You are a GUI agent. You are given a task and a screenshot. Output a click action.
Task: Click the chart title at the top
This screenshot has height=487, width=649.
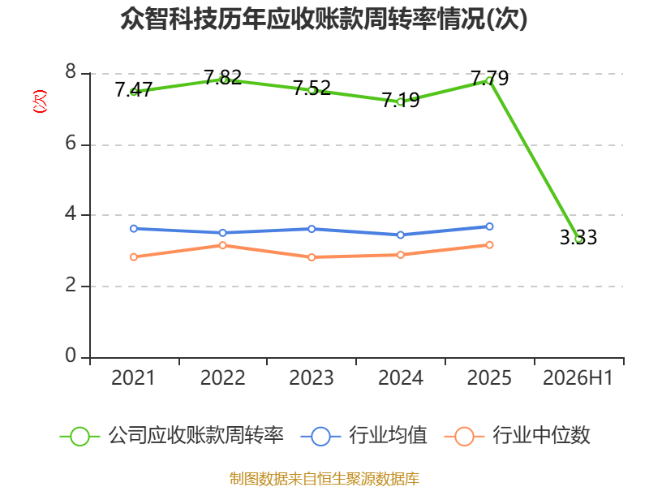(x=324, y=19)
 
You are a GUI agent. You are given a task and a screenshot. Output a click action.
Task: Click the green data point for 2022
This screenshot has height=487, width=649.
(x=222, y=80)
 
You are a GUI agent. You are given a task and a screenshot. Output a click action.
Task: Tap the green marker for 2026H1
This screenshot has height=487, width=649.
(x=578, y=239)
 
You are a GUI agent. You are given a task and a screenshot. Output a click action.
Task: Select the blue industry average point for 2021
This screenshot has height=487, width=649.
(x=134, y=229)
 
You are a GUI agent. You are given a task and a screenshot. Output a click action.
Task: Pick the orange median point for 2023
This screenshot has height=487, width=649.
(x=312, y=257)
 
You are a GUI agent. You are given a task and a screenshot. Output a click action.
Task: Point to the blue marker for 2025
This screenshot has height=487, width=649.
(x=490, y=226)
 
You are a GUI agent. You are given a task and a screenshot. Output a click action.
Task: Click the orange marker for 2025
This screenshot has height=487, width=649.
(x=490, y=245)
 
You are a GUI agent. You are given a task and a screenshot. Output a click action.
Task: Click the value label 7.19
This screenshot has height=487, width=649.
(x=401, y=100)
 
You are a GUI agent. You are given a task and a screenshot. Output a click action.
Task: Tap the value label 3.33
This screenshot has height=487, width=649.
(x=578, y=237)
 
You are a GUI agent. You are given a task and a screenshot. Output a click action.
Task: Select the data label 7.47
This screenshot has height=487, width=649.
(x=134, y=89)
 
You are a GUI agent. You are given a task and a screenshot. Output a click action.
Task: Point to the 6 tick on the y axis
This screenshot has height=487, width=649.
(x=71, y=144)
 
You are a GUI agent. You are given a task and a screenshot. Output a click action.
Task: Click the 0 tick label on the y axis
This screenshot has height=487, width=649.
(x=71, y=356)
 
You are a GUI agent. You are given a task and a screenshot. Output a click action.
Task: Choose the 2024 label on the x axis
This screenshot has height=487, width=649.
(x=401, y=377)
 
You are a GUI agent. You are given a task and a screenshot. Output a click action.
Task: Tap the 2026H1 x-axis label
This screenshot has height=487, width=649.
(x=578, y=377)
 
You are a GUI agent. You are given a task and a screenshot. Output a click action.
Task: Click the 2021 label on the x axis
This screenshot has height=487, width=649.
(x=133, y=377)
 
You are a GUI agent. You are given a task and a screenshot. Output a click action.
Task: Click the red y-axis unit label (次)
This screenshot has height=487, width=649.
(x=40, y=101)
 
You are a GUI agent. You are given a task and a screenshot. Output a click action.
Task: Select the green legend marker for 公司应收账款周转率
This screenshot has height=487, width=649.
(x=80, y=437)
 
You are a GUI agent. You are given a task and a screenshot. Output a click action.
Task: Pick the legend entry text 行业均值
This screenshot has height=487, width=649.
(x=388, y=435)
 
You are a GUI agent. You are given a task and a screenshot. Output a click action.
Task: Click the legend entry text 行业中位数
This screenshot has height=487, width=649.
(x=541, y=435)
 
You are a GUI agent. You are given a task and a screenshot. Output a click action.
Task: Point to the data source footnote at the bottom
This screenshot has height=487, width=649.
(x=324, y=479)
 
